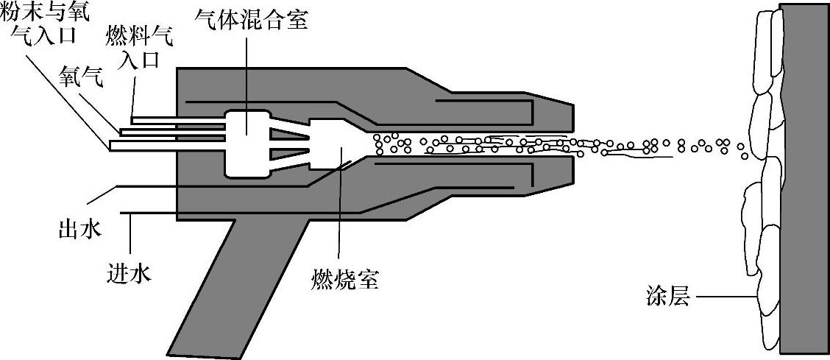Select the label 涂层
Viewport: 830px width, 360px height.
point(664,298)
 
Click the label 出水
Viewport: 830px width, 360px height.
point(79,230)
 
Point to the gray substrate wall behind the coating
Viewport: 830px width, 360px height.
point(805,180)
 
